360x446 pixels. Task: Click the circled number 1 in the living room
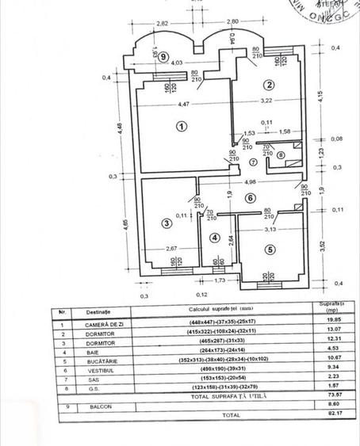pos(182,125)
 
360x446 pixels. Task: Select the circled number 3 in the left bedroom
pos(166,223)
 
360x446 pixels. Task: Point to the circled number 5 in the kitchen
pos(269,250)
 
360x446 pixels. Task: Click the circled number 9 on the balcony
pos(162,57)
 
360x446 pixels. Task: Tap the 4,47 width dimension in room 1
pos(182,103)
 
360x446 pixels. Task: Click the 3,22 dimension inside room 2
pos(265,101)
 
